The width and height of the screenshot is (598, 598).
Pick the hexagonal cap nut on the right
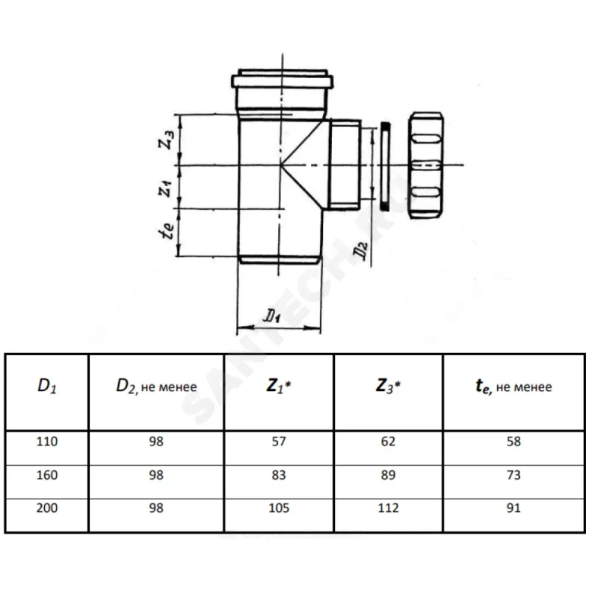[427, 164]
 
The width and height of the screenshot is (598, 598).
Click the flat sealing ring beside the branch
[384, 164]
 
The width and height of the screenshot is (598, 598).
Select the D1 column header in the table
[46, 386]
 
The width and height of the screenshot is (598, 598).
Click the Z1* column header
[280, 386]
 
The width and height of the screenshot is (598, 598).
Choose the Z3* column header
[388, 386]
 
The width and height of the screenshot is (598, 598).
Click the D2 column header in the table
[156, 386]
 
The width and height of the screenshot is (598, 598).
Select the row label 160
[46, 475]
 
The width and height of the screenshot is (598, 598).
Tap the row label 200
[46, 508]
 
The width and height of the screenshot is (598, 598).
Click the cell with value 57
[280, 442]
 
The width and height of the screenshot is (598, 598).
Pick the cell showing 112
[388, 508]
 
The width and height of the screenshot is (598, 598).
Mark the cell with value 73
[513, 475]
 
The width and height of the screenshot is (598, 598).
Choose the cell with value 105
[280, 508]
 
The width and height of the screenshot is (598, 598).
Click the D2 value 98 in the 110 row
[156, 442]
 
